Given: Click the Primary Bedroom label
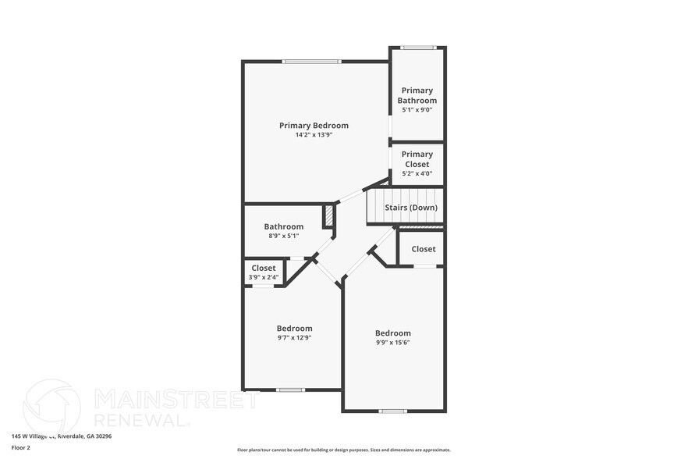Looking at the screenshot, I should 314,126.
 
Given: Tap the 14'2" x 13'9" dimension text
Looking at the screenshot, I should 314,135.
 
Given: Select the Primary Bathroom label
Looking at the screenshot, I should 417,95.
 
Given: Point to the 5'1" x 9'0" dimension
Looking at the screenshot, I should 417,110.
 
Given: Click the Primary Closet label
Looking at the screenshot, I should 417,159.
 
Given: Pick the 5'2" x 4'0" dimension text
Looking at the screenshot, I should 417,173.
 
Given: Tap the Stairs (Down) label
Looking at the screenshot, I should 411,208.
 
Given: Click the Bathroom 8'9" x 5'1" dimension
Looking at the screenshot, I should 283,236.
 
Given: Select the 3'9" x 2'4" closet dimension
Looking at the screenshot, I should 264,277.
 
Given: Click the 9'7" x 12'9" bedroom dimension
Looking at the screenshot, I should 294,338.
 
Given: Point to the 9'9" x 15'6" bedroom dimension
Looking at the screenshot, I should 392,343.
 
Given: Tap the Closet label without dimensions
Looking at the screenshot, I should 424,249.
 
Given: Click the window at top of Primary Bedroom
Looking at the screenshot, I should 311,62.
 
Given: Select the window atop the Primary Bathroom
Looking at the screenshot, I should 417,48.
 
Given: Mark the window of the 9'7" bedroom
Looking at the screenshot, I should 290,390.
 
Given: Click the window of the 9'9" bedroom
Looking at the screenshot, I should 392,411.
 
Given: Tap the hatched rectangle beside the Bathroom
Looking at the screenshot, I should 329,215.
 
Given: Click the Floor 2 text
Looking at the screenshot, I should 21,447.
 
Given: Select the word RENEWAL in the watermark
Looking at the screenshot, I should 141,419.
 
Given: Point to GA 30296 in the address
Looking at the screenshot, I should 99,436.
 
